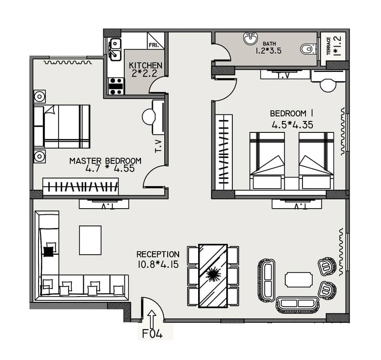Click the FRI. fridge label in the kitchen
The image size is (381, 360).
point(153,45)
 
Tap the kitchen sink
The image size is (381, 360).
point(115,50)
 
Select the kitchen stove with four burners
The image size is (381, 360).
point(116,86)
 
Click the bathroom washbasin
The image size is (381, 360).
point(251,39)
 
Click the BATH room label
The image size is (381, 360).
point(269,44)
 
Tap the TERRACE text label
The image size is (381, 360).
point(329,46)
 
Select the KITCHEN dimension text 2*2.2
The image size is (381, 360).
point(144,73)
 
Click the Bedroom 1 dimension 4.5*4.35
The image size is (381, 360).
point(292,125)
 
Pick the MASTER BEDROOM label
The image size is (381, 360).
point(105,161)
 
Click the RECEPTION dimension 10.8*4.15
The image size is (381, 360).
point(158,264)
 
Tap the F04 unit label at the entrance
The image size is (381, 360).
point(152,333)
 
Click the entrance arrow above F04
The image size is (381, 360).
point(152,319)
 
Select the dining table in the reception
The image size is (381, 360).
point(213,276)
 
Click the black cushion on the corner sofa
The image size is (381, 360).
point(49,251)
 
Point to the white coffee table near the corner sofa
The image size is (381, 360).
point(90,240)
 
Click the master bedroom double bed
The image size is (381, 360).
point(62,126)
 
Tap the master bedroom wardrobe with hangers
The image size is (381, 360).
point(80,187)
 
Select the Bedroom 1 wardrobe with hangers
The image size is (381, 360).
point(224,152)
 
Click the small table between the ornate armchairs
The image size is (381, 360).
point(299,280)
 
